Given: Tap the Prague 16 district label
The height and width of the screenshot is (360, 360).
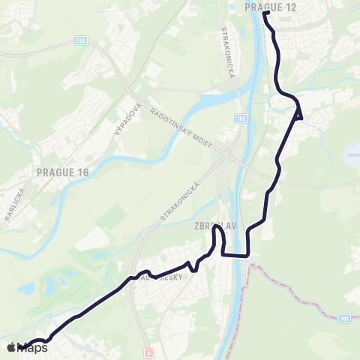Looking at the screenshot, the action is click(x=63, y=172).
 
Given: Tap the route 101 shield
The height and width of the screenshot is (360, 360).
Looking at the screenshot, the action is click(x=343, y=319).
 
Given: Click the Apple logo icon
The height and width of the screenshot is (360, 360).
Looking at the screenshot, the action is click(x=11, y=347).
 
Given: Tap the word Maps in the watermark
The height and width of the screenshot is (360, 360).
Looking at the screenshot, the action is click(x=33, y=347).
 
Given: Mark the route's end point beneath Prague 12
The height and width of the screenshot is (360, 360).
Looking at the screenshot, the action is click(x=266, y=13).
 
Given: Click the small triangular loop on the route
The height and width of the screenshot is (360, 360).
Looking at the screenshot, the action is click(x=298, y=113).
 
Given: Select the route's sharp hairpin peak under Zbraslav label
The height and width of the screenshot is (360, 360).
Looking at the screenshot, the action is click(x=217, y=229).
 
